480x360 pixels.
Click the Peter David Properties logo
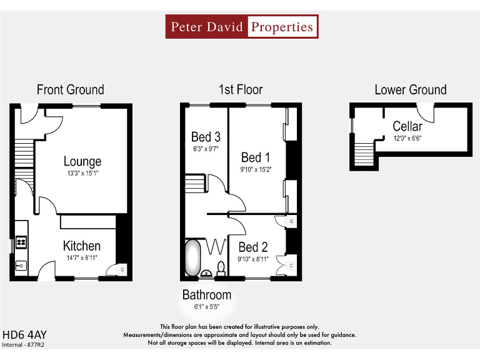point(242,27)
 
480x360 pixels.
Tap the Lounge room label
point(82,162)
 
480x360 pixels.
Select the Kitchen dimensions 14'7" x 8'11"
point(82,257)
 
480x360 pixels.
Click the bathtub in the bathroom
point(192,258)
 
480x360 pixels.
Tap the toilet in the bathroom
point(221,267)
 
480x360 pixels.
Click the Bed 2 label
point(252,247)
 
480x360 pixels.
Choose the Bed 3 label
point(206,137)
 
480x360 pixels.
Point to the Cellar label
point(407,126)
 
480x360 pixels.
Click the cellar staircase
point(362,152)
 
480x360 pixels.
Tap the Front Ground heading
point(71,90)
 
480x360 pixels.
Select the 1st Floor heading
point(241,90)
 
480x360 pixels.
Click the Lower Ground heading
point(411,90)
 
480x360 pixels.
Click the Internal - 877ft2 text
point(23,344)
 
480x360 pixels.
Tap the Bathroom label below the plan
point(207,294)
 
